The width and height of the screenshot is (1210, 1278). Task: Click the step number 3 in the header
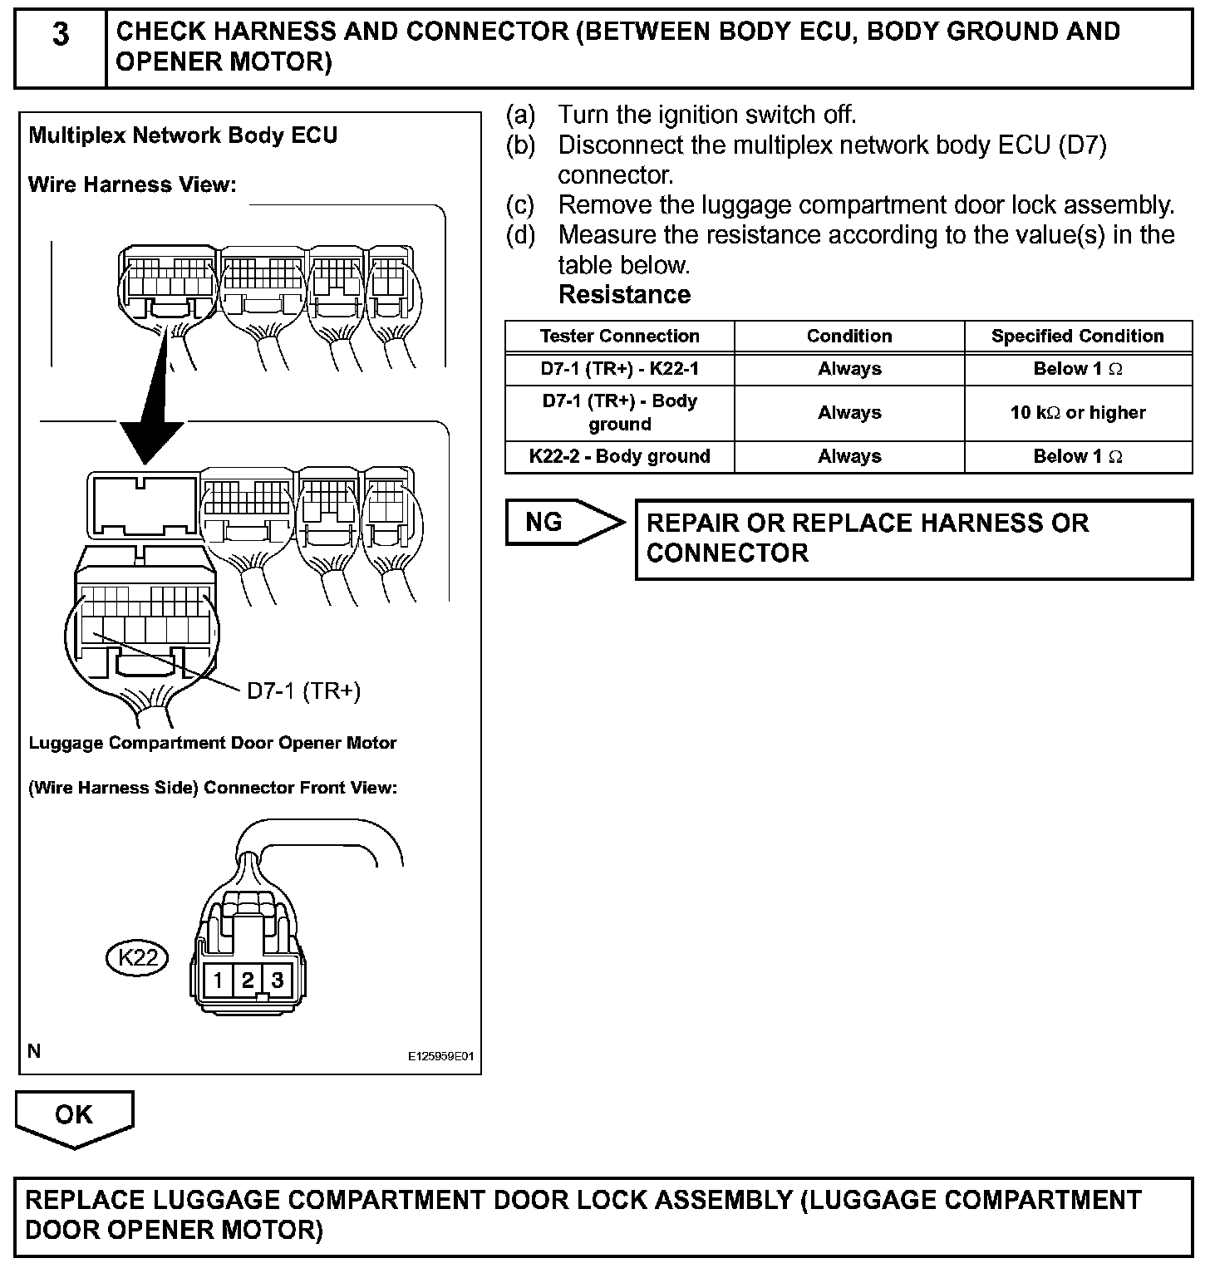(x=61, y=36)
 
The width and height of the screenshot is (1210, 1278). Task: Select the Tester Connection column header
(x=619, y=336)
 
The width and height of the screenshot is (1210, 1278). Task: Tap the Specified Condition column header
(x=1077, y=336)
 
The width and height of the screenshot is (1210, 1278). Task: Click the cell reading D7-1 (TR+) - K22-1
(x=619, y=369)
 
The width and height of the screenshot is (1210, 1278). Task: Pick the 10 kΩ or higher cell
(x=1077, y=412)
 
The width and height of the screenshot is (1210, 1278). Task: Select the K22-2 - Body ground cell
(x=619, y=456)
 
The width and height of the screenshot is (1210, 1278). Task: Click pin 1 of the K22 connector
(x=218, y=981)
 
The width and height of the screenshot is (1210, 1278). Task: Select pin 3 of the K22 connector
(x=278, y=981)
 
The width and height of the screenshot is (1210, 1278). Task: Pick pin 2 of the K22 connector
(x=248, y=981)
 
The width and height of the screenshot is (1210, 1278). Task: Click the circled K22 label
(x=138, y=957)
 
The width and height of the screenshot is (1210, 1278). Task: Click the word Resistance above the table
(x=624, y=295)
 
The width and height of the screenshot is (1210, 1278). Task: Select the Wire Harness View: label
(x=132, y=184)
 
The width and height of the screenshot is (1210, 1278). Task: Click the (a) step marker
(x=520, y=115)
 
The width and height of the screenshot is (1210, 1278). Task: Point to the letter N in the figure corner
(x=34, y=1051)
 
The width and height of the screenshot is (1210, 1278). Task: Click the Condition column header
(x=848, y=336)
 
